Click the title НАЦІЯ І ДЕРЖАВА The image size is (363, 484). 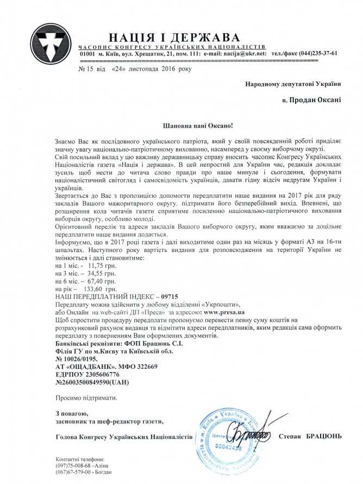tap(174, 37)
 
